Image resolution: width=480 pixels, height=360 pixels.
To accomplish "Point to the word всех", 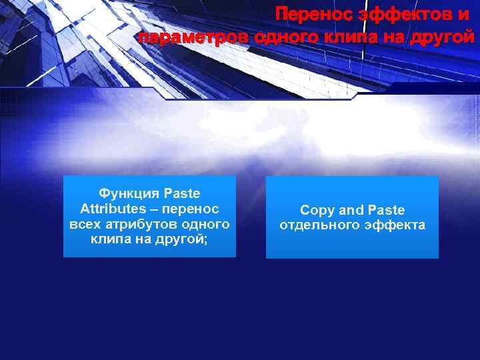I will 85,223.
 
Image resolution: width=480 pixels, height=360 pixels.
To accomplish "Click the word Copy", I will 317,211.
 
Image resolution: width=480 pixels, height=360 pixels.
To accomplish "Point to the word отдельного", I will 317,225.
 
